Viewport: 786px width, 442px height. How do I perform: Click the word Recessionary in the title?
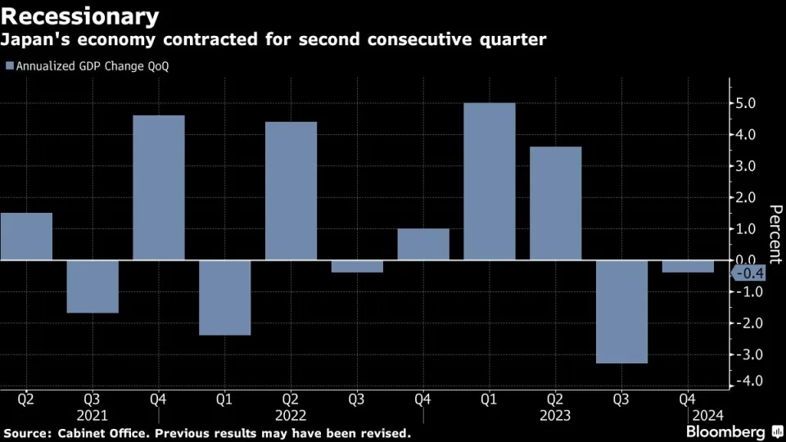[x=79, y=16]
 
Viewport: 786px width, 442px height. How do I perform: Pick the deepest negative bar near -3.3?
[x=621, y=311]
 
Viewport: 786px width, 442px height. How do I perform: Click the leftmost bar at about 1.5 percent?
[x=26, y=237]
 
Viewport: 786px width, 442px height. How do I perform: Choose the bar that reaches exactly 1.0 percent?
[x=423, y=244]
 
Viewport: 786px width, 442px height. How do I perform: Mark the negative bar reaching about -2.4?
[x=224, y=297]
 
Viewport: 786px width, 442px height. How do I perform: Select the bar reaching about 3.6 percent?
[x=555, y=203]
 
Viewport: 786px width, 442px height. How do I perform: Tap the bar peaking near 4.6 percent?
[x=159, y=187]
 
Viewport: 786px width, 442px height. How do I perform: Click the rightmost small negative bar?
[x=688, y=266]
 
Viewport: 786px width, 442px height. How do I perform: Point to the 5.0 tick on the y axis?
[x=749, y=103]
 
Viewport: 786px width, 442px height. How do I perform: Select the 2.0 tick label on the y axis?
[x=749, y=197]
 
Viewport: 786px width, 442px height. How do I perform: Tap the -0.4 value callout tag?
[x=748, y=273]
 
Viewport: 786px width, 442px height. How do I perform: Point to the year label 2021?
[x=92, y=415]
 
